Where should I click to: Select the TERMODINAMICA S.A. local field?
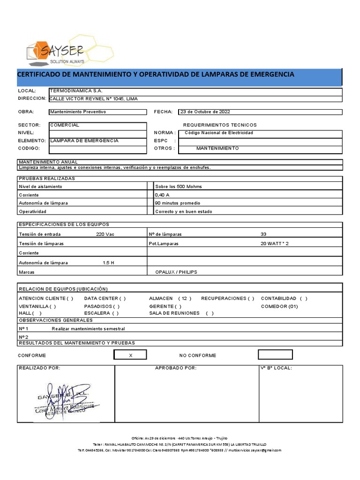tap(75, 90)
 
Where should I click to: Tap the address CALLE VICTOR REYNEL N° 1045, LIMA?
tap(94, 98)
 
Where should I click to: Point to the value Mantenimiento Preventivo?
tap(78, 112)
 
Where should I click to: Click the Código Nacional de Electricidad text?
tap(219, 133)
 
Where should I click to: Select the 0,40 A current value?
tap(162, 195)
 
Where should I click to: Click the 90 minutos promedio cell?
tap(178, 203)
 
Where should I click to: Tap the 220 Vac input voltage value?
tap(105, 234)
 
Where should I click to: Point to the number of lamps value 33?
tap(263, 234)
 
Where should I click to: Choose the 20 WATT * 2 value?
tap(275, 244)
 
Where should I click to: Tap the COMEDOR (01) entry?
tap(279, 306)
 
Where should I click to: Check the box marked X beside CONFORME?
tap(130, 355)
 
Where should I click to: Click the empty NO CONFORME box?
tap(275, 355)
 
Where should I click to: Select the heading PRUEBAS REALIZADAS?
tap(47, 178)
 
